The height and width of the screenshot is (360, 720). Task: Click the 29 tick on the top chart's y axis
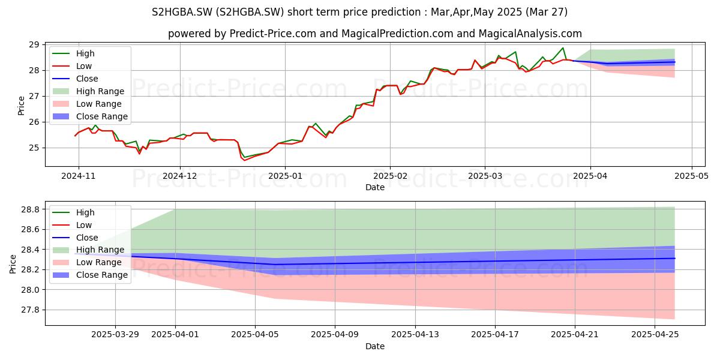point(34,44)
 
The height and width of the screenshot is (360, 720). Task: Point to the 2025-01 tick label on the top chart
point(285,176)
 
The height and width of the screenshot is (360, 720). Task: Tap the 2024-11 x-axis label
point(79,176)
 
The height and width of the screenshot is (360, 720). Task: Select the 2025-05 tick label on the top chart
point(691,176)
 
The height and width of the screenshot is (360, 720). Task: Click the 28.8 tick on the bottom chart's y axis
point(30,209)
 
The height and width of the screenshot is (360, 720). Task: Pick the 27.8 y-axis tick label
point(30,310)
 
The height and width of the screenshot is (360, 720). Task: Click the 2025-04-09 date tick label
point(335,335)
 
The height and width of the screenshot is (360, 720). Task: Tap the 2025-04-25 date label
point(655,335)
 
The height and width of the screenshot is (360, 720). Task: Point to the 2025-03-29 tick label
point(115,335)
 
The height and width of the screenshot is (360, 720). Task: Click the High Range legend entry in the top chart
point(100,91)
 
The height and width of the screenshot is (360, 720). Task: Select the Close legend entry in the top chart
point(87,79)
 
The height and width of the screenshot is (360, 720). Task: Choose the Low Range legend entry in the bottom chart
point(98,262)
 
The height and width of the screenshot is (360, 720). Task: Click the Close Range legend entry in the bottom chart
point(101,275)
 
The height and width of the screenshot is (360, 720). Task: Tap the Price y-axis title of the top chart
point(21,106)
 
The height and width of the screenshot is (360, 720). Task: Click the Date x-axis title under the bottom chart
point(375,346)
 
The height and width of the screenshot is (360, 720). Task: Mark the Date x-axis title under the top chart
point(375,187)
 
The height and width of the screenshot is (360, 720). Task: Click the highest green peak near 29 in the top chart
point(563,48)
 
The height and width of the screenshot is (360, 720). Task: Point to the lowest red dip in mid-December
point(244,160)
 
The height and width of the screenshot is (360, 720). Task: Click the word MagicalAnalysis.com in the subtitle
point(530,34)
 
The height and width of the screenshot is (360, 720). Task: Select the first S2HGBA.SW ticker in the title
point(182,12)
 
